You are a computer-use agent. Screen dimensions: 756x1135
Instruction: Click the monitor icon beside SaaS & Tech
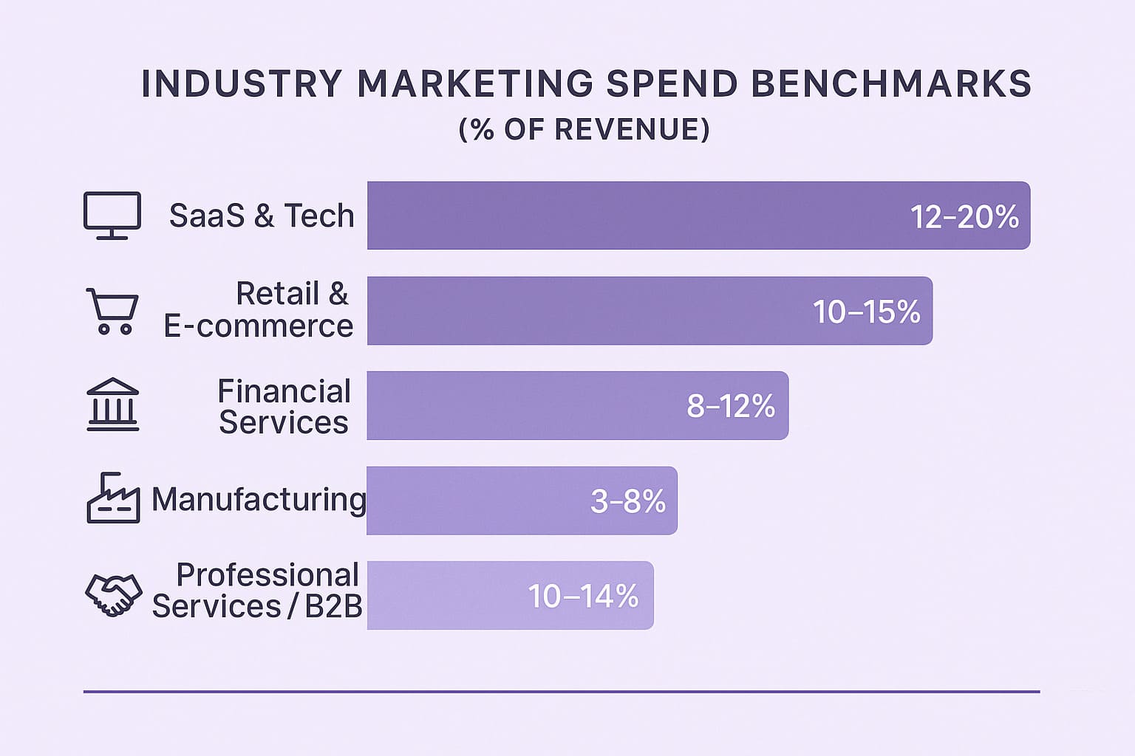[112, 216]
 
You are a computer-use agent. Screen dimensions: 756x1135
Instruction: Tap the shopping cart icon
[112, 311]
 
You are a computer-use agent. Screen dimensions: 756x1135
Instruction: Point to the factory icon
[113, 498]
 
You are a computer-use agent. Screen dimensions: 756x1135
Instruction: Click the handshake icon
[113, 594]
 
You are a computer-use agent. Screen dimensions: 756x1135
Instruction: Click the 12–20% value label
[964, 217]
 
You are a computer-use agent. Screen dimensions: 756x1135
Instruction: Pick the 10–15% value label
[866, 312]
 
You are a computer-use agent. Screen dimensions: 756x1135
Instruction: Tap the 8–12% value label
[731, 406]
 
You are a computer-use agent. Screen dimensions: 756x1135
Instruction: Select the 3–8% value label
[628, 501]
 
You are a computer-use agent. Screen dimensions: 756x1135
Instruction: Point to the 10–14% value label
[583, 596]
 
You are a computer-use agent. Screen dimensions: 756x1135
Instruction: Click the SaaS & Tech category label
[262, 216]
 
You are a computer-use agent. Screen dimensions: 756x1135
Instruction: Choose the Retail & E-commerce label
[259, 310]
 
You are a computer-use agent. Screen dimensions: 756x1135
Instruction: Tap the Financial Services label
[284, 407]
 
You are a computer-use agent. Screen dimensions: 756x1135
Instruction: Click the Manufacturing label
[259, 500]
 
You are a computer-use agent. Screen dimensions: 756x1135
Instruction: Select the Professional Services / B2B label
[257, 591]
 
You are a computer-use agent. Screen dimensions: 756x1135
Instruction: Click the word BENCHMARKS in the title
[891, 83]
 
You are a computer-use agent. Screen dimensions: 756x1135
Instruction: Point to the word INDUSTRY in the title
[242, 83]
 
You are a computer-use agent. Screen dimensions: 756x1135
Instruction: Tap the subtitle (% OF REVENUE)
[584, 129]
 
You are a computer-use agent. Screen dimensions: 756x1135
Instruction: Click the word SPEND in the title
[672, 83]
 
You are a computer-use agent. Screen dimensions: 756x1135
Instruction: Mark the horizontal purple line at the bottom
[562, 692]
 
